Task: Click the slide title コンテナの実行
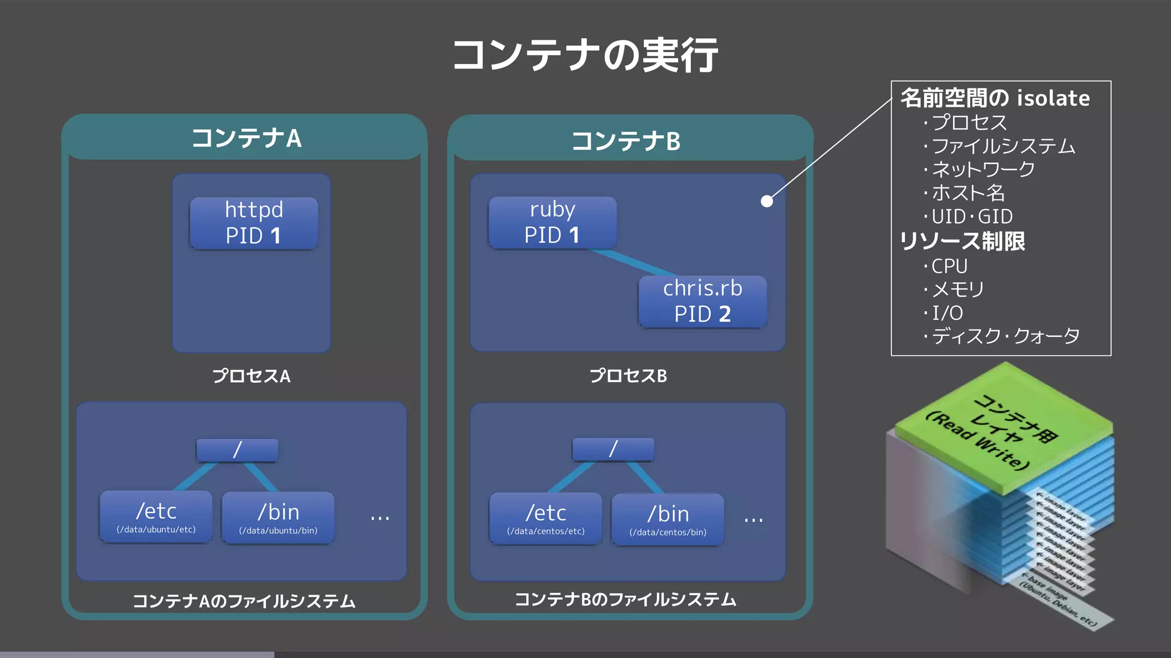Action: [585, 55]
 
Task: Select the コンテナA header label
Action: [246, 138]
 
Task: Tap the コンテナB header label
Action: [626, 141]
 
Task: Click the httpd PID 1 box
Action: [254, 223]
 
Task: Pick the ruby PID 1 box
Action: [552, 222]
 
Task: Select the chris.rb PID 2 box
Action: [702, 301]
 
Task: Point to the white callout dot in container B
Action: [767, 201]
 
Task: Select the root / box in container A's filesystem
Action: [237, 450]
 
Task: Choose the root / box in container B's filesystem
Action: [613, 449]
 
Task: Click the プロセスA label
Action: [251, 376]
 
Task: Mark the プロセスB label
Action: [628, 376]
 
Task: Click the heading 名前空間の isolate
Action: [995, 98]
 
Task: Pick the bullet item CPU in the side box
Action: [949, 266]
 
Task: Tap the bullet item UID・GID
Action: [972, 216]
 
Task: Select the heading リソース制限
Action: [962, 241]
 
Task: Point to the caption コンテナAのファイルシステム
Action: [244, 601]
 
